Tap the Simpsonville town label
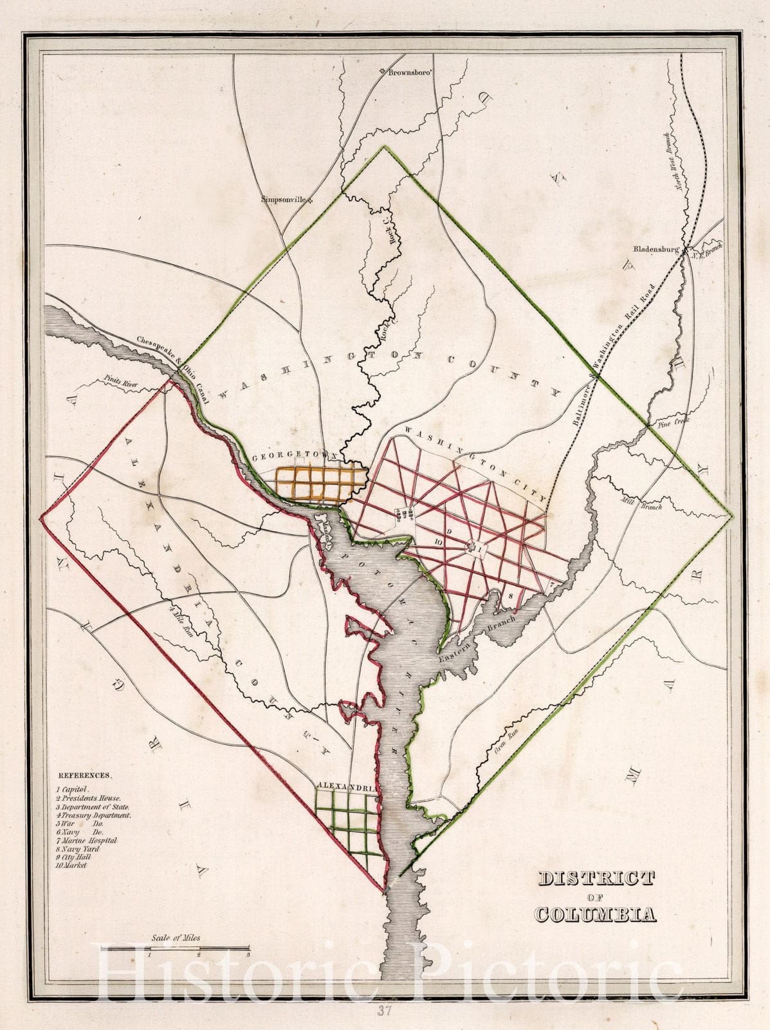coord(286,199)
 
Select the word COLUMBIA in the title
coord(596,914)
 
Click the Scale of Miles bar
coord(199,948)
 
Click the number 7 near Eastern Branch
coord(551,585)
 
